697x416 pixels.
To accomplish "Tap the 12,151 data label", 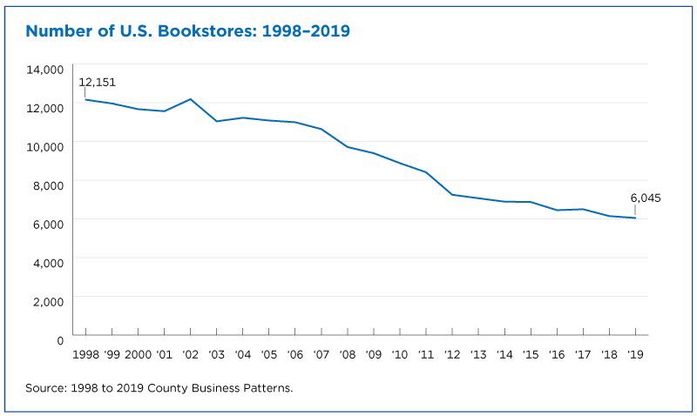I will [97, 83].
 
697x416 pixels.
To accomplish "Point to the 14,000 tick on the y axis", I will [46, 69].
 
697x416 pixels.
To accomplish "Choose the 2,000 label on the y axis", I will [49, 300].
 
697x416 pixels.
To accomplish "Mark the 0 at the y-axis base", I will [60, 339].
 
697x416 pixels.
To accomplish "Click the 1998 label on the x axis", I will [85, 354].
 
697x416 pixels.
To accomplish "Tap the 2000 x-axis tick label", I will [138, 354].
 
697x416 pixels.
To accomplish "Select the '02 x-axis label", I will [190, 354].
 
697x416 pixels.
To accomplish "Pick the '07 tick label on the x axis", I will [321, 354].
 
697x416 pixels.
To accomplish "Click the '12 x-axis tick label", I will [451, 354].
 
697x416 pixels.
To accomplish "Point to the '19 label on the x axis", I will [635, 354].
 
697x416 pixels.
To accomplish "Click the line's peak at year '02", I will [190, 99].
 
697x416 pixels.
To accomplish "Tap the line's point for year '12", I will [451, 194].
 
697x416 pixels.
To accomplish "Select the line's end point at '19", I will [635, 218].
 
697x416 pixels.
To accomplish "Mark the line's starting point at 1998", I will [85, 99].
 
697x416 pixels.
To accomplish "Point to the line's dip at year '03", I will [216, 121].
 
